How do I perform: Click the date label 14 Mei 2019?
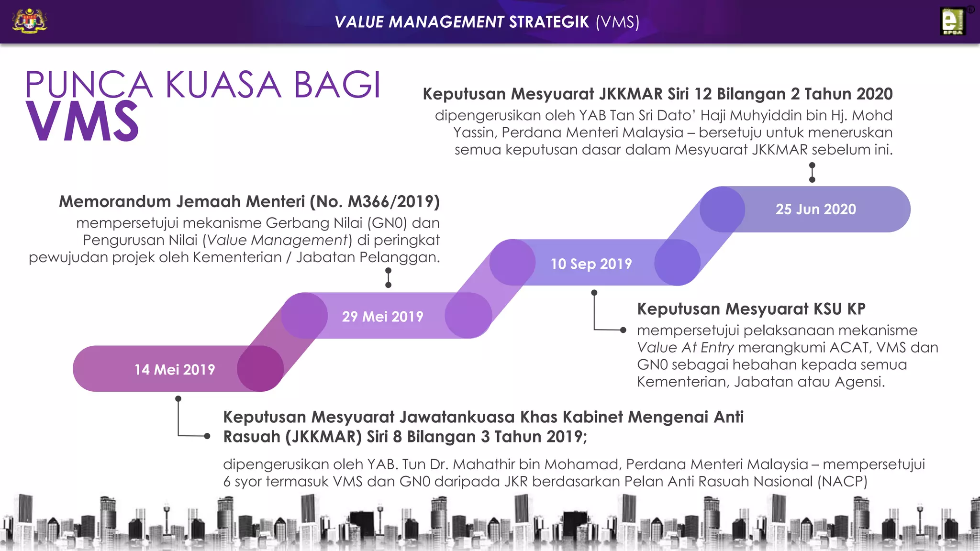coord(175,369)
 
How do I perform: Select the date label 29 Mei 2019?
coord(382,316)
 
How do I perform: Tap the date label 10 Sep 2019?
coord(591,264)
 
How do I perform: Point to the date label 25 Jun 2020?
coord(815,209)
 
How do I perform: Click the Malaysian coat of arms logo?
coord(30,22)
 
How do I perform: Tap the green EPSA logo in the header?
coord(952,22)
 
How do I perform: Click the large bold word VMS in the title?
coord(82,121)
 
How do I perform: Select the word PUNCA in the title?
coord(89,85)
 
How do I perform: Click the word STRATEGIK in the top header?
coord(548,22)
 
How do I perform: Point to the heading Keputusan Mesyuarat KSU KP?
coord(751,309)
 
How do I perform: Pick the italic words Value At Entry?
coord(685,347)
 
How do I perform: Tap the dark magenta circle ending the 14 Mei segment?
coord(260,369)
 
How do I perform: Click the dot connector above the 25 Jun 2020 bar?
coord(812,173)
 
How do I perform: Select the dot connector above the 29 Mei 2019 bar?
coord(388,278)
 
